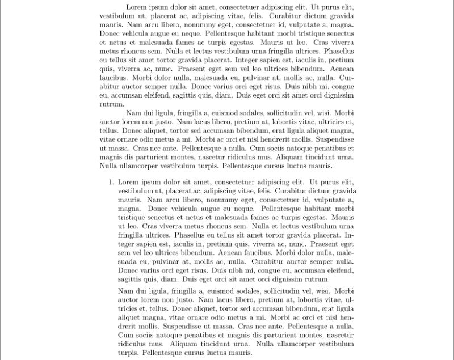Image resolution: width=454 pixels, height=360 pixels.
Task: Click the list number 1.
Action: [110, 182]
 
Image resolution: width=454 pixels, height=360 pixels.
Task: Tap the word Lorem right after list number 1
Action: [129, 182]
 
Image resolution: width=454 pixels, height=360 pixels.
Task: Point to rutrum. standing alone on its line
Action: [111, 104]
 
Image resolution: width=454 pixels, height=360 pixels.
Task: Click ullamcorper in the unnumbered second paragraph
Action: [139, 166]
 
